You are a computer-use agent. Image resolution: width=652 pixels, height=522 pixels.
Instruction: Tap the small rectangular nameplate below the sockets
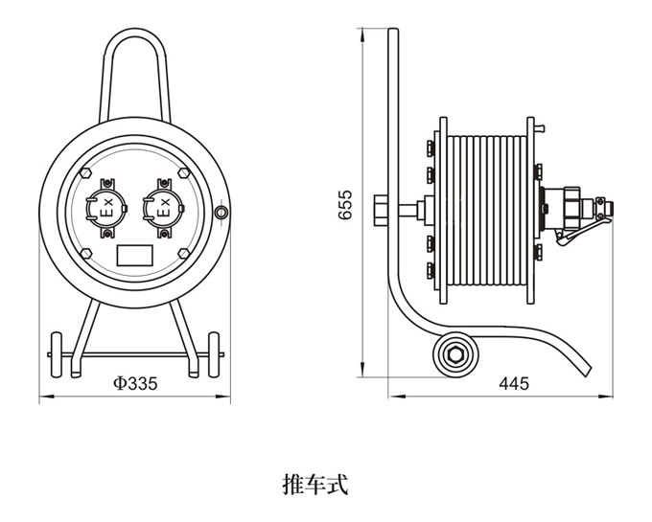pos(133,255)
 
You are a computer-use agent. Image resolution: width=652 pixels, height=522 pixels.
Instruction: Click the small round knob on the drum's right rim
pos(222,211)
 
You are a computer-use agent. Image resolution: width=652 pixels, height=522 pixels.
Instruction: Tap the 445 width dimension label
pos(514,384)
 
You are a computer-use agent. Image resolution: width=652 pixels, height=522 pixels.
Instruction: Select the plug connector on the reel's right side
pos(570,205)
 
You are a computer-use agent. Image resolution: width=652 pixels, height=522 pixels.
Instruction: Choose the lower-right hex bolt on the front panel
pos(181,251)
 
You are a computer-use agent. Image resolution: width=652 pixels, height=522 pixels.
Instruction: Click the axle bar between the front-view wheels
pos(134,356)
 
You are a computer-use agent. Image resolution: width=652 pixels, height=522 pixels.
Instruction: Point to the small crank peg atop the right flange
pos(542,125)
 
